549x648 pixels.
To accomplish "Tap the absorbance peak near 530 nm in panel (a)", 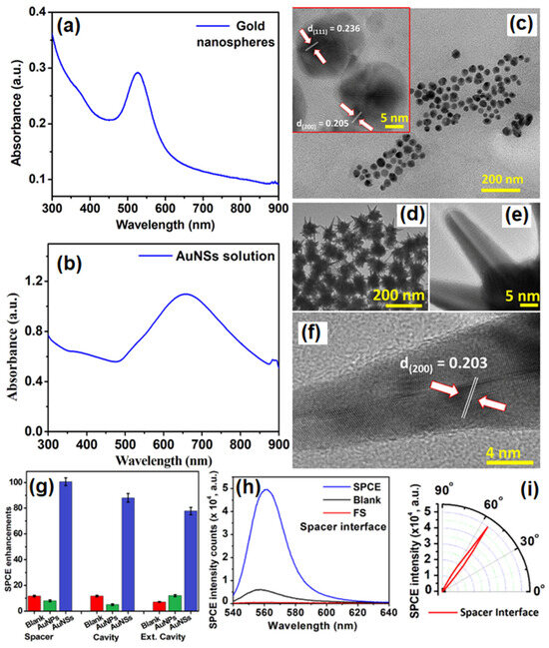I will click(x=138, y=73).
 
